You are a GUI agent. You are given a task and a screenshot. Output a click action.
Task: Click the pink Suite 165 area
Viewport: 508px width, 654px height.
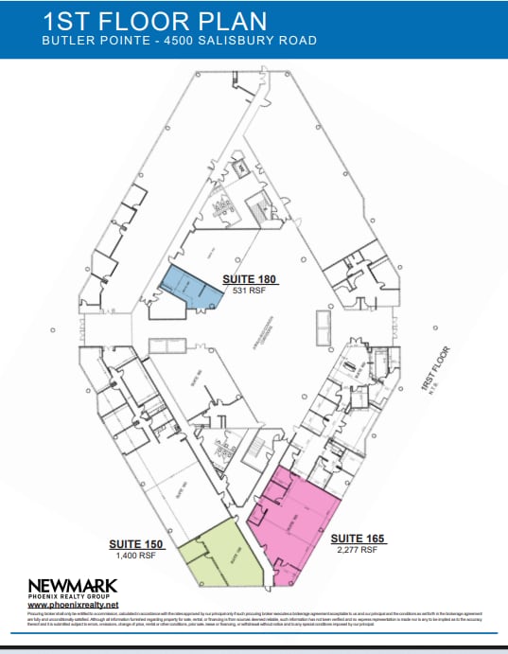point(293,524)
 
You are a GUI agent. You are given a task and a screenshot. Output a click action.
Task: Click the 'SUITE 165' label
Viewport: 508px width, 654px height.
point(356,539)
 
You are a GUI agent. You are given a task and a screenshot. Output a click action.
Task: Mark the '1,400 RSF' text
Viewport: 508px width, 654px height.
point(136,556)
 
